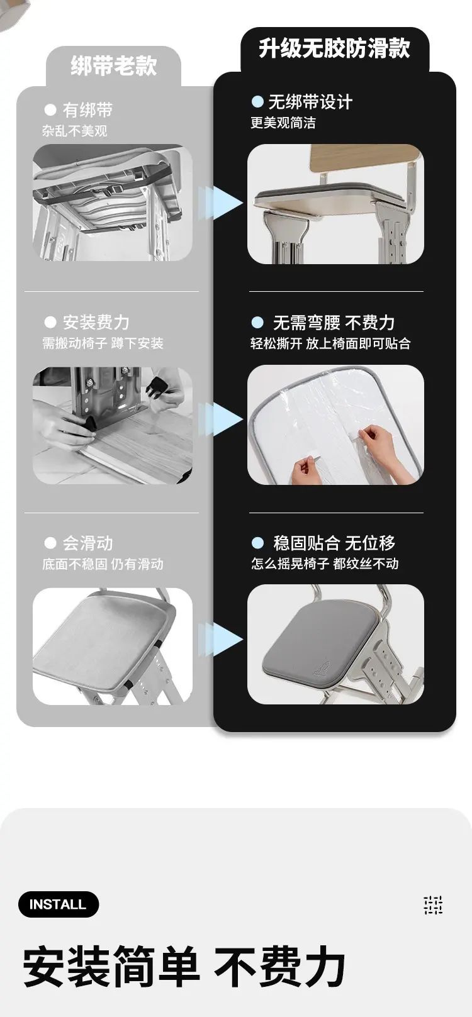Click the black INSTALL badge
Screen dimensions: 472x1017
tap(58, 904)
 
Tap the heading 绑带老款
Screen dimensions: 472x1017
tap(113, 66)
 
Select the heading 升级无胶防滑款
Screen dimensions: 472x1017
tap(334, 48)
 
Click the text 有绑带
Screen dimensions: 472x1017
tap(87, 110)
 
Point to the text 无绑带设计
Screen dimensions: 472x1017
tap(310, 102)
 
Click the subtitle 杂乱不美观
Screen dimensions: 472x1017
tap(74, 131)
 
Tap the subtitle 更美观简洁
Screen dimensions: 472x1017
tap(283, 123)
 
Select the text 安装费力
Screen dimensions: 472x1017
tap(96, 323)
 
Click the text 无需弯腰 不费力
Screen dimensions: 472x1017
tap(334, 323)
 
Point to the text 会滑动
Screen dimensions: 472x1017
tap(87, 543)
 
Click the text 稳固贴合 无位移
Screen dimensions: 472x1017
tap(334, 543)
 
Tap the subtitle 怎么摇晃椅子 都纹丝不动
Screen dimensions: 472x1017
tap(325, 564)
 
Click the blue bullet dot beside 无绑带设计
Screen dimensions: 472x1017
tap(257, 102)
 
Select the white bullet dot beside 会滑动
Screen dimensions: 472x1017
tap(50, 543)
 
